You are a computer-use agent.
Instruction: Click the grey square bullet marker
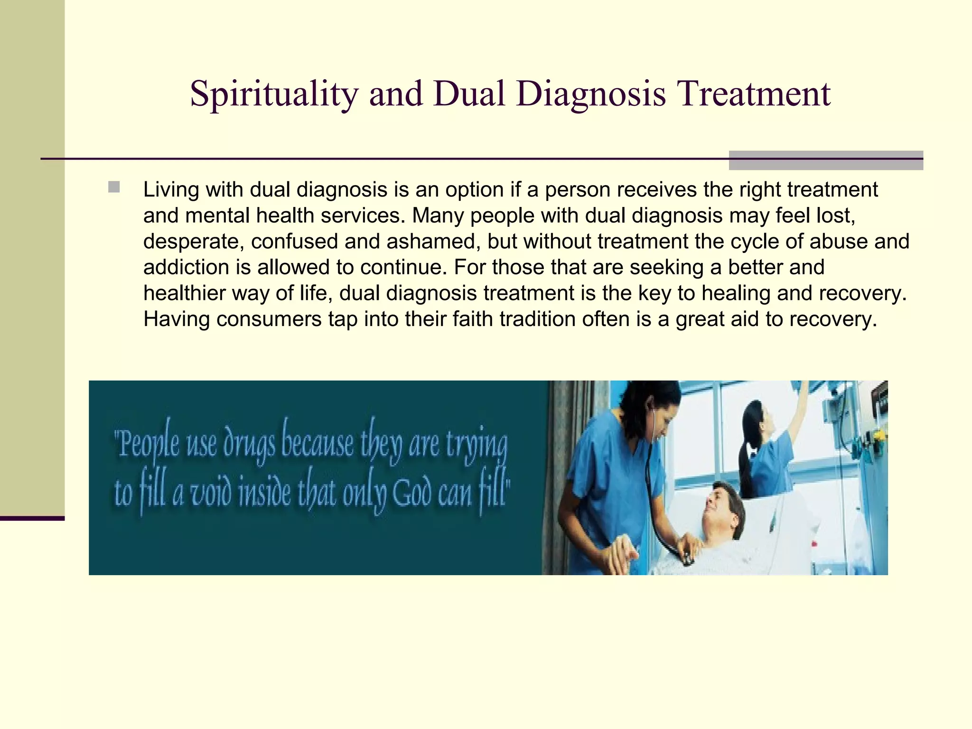(114, 187)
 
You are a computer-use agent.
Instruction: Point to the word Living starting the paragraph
(171, 190)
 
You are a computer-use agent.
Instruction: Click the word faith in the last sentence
(475, 319)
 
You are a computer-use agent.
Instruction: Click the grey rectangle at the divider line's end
(825, 160)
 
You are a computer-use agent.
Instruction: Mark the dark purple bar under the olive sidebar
(32, 518)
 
